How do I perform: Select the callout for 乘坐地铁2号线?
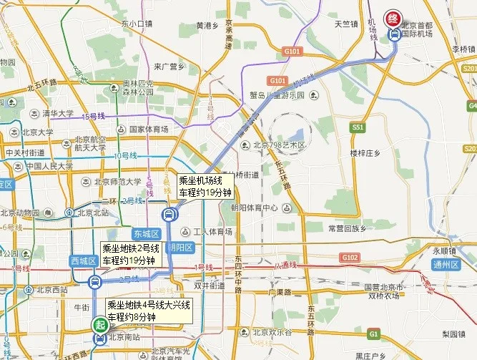point(128,255)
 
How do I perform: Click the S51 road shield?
point(358,127)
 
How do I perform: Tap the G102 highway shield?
point(350,257)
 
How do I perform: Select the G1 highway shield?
point(373,334)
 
